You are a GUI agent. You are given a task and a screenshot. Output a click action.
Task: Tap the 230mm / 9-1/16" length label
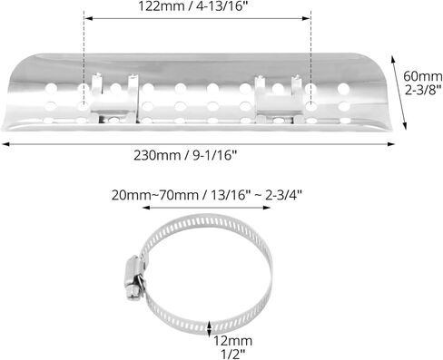click(185, 156)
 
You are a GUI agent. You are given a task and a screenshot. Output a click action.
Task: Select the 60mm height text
click(423, 76)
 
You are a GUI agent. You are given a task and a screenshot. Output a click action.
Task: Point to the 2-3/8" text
click(422, 90)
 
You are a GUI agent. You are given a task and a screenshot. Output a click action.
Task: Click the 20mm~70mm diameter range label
click(155, 195)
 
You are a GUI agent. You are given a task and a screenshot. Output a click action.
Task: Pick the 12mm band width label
click(233, 341)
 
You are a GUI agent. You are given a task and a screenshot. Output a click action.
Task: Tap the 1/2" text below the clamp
click(233, 354)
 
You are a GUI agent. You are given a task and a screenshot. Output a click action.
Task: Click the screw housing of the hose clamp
click(133, 278)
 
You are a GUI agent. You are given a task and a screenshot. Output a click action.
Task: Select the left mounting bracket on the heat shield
click(114, 98)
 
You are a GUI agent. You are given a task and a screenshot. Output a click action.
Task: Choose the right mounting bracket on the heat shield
click(279, 99)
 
